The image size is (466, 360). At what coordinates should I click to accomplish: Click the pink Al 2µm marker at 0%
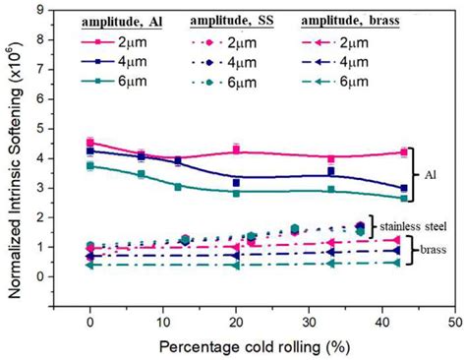tap(90, 143)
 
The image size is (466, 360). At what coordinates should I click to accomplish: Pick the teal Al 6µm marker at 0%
tap(90, 166)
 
